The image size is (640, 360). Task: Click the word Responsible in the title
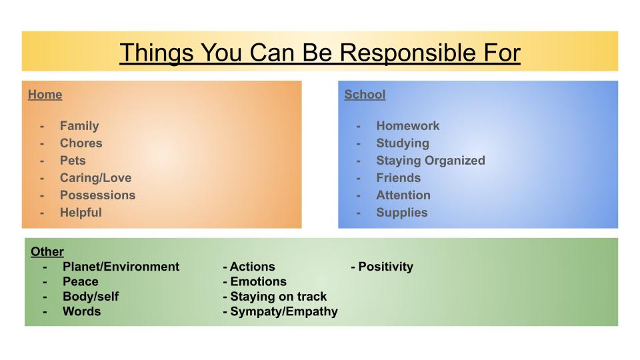coord(408,53)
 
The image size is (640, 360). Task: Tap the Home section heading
coord(45,94)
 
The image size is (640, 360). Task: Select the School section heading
coord(365,94)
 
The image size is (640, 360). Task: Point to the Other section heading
coord(47,251)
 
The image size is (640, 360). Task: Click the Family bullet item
coord(79,126)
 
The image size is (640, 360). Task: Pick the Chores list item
coord(81,143)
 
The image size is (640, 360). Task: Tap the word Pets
coord(73,161)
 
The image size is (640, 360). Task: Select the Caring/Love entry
coord(95,177)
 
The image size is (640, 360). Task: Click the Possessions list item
coord(97,195)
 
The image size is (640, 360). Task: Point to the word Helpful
coord(81,213)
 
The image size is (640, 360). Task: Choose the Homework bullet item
coord(408,126)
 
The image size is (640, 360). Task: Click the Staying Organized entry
coord(431,161)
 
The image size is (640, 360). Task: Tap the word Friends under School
coord(399,177)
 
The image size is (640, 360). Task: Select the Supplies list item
coord(402,213)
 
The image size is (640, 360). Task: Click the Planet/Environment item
coord(121,267)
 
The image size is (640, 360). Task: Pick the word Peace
coord(81,281)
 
